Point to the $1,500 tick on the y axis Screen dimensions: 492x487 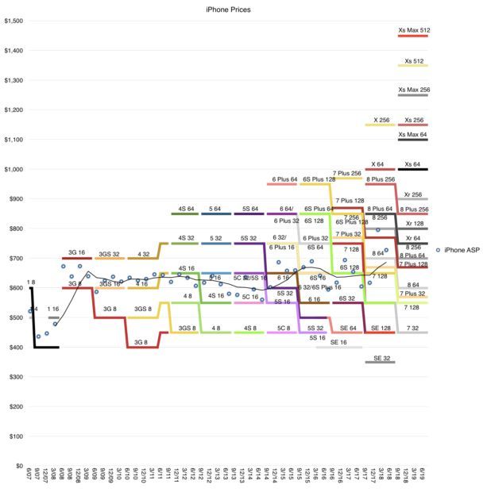click(14, 21)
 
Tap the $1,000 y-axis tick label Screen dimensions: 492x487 click(14, 169)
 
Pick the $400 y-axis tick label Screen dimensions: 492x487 click(17, 348)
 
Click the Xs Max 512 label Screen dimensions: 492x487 click(413, 30)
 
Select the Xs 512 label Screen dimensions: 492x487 click(413, 60)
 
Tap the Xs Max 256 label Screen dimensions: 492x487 click(413, 90)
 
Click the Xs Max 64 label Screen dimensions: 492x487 click(413, 135)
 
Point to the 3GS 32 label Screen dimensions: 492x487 click(110, 254)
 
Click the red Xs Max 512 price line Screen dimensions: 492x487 click(413, 37)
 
